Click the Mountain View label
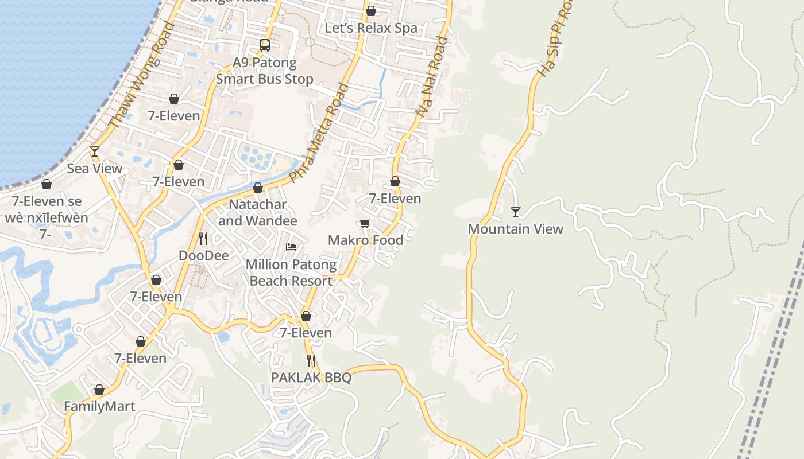[516, 229]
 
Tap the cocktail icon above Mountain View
[516, 212]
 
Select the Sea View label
[95, 168]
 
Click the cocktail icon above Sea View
[95, 151]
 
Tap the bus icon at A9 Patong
[265, 45]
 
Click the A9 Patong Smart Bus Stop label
[265, 71]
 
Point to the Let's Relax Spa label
[371, 28]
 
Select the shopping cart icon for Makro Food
[365, 223]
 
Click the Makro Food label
[365, 240]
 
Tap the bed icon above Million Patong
[291, 247]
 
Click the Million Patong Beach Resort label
[291, 273]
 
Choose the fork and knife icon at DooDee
[203, 239]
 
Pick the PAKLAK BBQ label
[311, 378]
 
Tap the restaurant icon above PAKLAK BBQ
[311, 361]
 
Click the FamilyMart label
[99, 406]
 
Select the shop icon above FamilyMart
[99, 390]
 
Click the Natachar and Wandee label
[258, 212]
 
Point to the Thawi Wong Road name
[141, 75]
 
